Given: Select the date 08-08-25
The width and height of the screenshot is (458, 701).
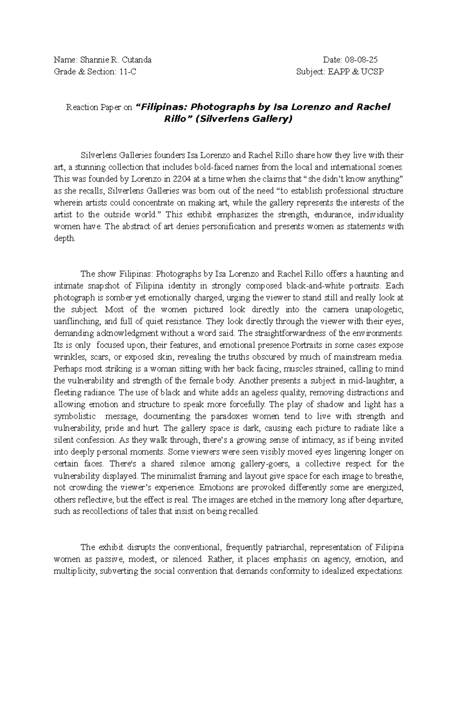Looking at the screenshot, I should pyautogui.click(x=361, y=60).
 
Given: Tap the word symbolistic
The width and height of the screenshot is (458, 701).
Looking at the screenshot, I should pyautogui.click(x=74, y=416).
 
